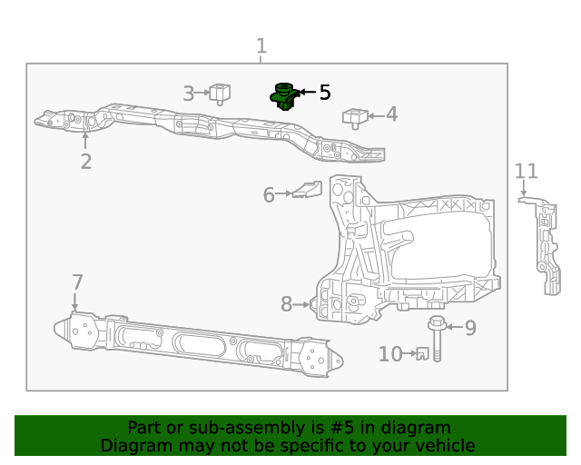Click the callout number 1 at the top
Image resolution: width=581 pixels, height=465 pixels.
(x=261, y=46)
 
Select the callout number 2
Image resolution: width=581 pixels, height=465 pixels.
(x=85, y=162)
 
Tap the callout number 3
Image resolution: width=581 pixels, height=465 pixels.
(x=189, y=93)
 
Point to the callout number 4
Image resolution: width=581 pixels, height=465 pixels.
(x=391, y=114)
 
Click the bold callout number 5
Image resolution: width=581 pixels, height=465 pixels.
(x=324, y=93)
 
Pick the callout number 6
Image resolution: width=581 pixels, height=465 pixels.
(x=269, y=195)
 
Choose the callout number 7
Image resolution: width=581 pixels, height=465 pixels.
(x=77, y=282)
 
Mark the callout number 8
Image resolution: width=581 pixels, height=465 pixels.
(x=286, y=305)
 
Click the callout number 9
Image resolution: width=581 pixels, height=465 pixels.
(x=469, y=328)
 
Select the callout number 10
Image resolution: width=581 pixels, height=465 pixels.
(x=390, y=354)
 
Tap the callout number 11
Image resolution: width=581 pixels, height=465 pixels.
(x=527, y=171)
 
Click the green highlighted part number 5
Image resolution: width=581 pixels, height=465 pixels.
(x=284, y=95)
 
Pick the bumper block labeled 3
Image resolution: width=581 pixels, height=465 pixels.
(x=220, y=92)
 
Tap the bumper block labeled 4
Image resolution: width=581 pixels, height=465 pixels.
(x=354, y=117)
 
